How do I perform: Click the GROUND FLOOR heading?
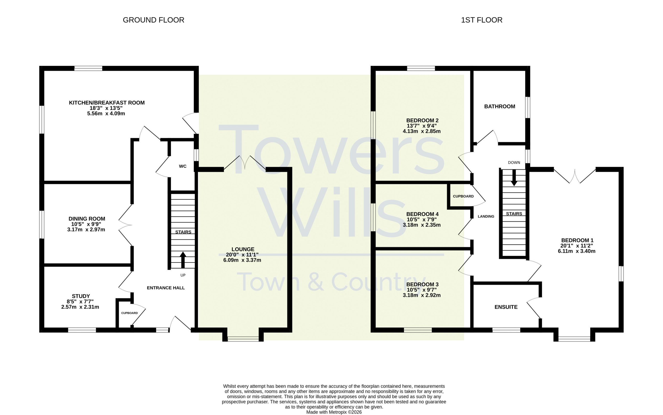coord(153,20)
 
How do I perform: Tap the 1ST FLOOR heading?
coord(482,20)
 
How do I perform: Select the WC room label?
coord(183,166)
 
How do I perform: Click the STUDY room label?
coord(81,296)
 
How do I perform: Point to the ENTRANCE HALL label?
coord(166,288)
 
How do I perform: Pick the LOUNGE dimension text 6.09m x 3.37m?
coord(242,260)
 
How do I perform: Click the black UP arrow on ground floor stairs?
coord(183,260)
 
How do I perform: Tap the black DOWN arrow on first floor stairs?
coord(514,178)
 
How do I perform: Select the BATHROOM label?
coord(500,107)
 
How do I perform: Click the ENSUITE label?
coord(506,307)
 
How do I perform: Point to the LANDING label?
coord(486,216)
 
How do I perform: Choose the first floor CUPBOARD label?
coord(463,196)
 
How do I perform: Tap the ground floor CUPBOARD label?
coord(129,313)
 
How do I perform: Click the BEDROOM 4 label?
coord(422,214)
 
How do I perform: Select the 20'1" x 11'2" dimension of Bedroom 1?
coord(577,246)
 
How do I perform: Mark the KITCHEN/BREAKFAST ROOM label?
coord(107,103)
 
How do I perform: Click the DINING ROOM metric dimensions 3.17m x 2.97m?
coord(86,230)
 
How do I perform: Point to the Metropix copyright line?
coord(334,412)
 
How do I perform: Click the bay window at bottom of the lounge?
coord(243,339)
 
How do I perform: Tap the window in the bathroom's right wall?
coord(528,107)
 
